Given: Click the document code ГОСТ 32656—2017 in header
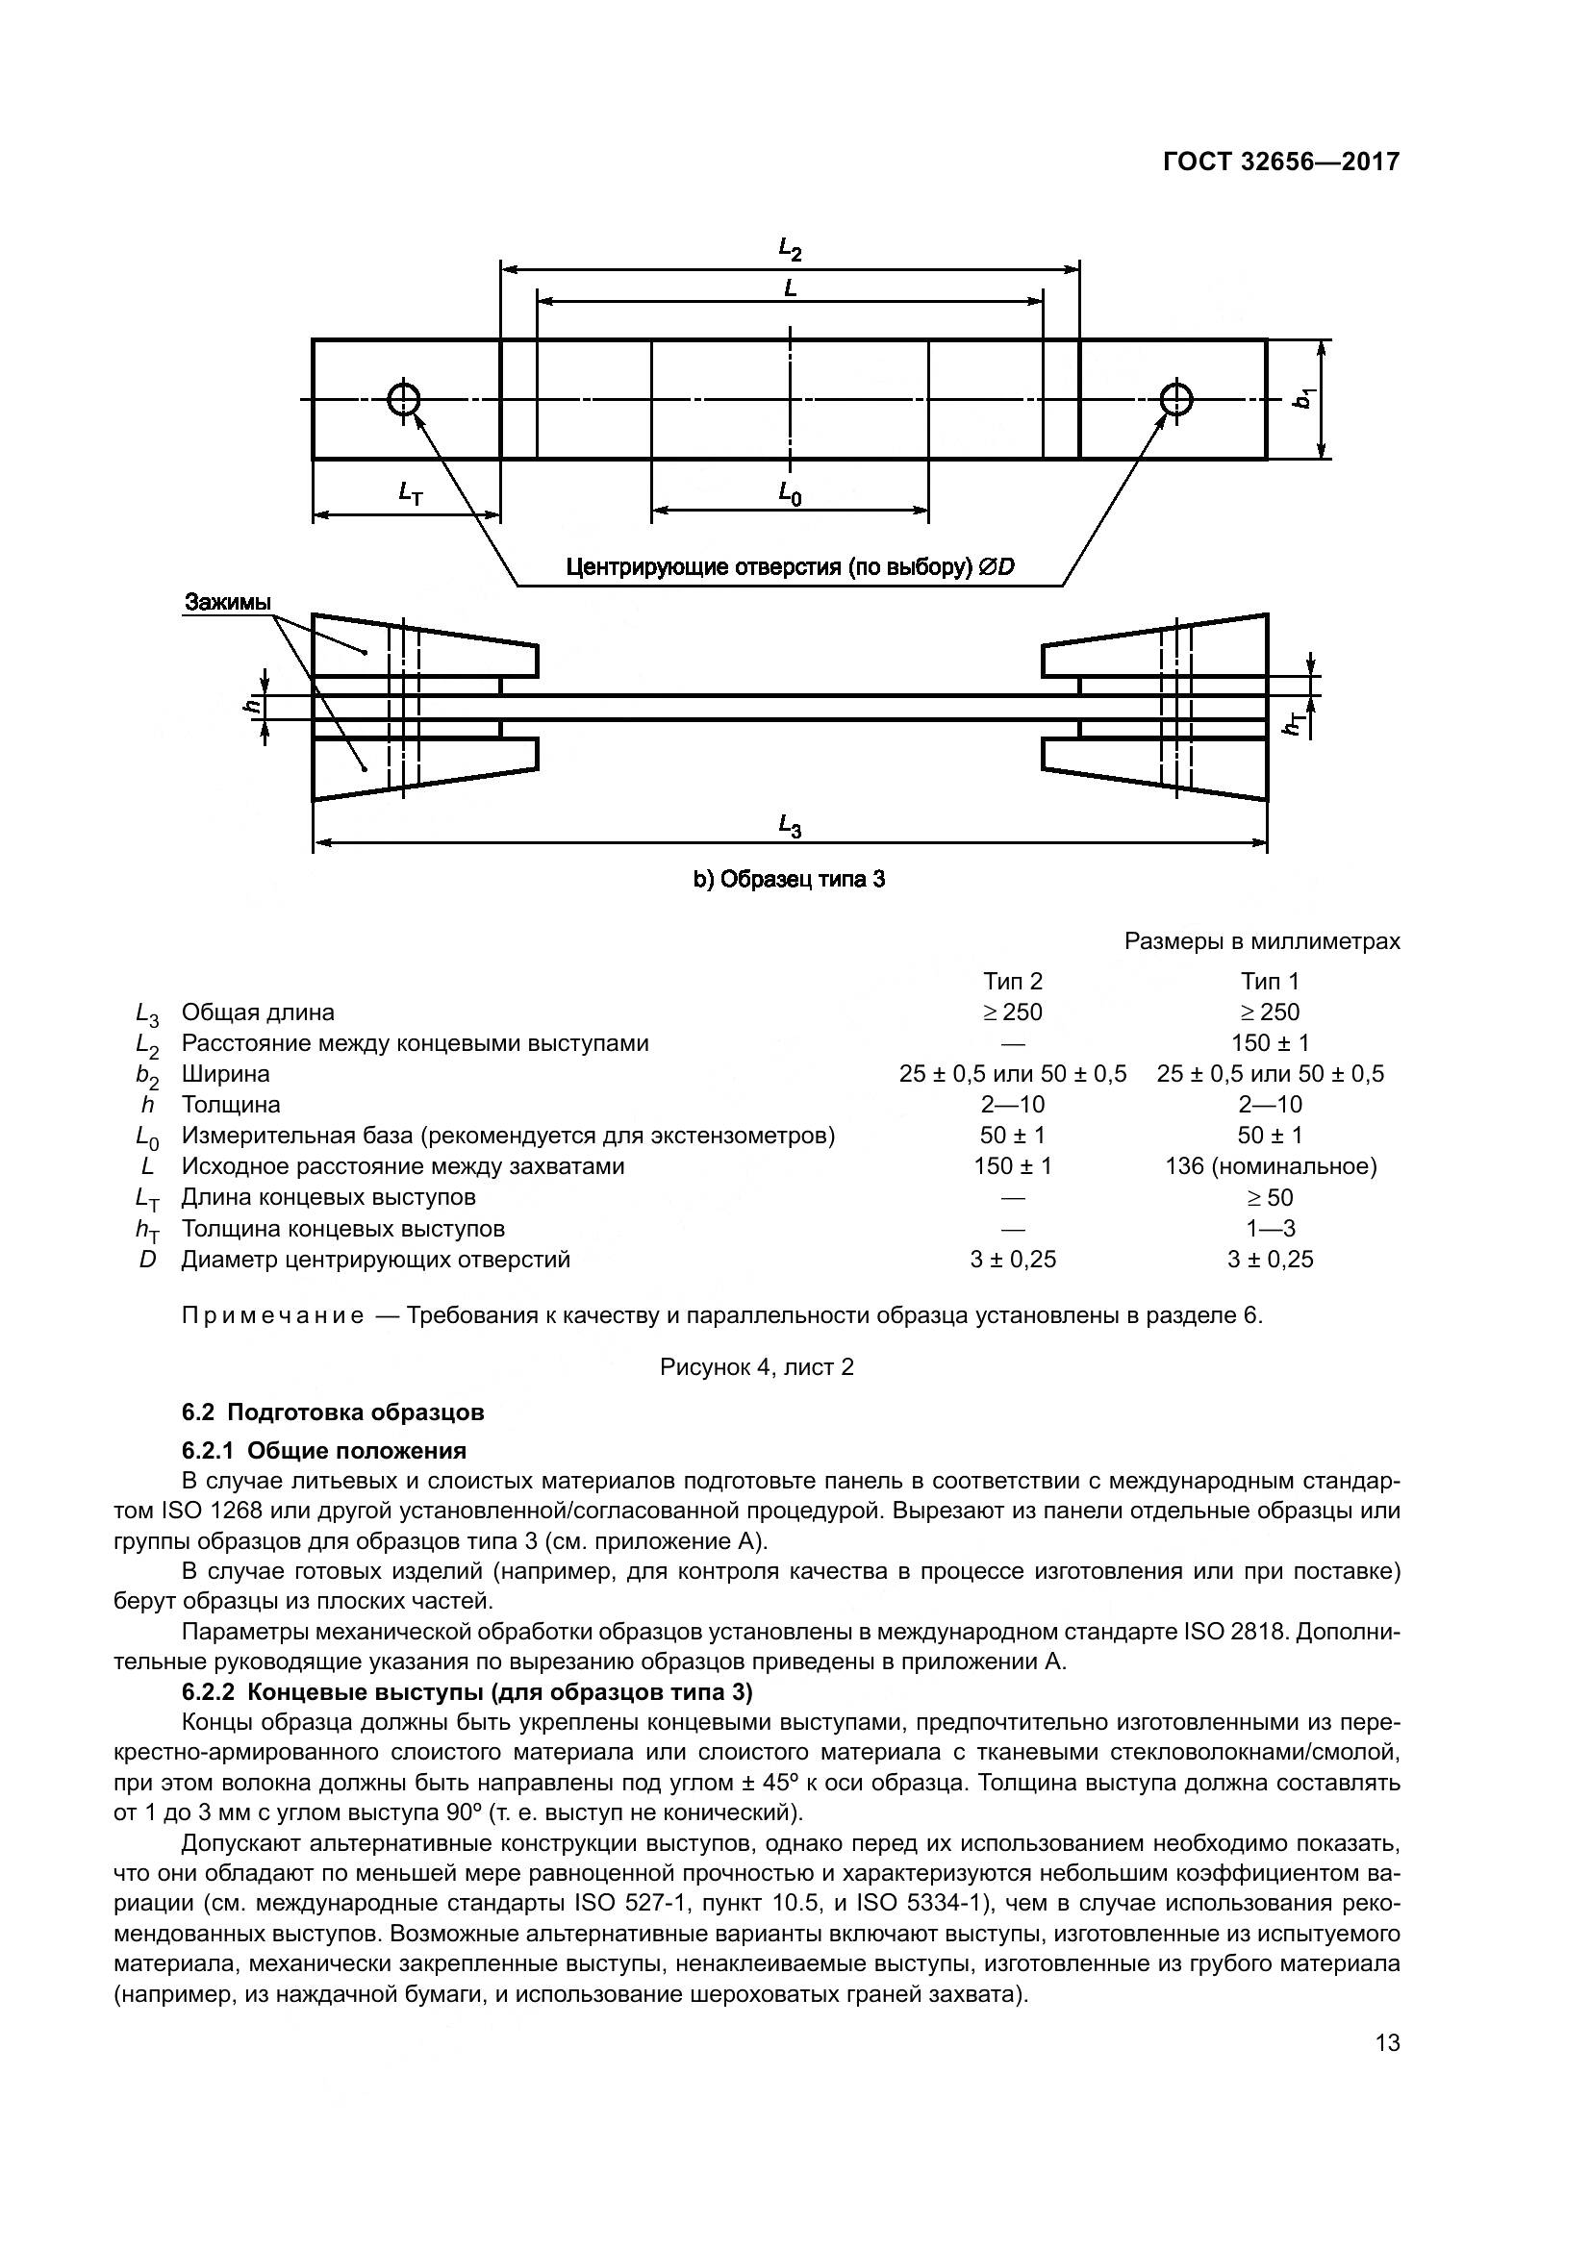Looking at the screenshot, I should point(1281,162).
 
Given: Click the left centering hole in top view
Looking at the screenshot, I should point(404,399).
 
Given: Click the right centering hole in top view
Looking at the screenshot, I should point(1175,399).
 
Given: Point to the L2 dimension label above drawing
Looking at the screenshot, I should point(790,250).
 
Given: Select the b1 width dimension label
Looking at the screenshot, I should point(1303,399).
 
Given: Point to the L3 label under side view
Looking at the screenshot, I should point(790,826).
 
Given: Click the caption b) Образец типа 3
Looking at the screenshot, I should point(790,879).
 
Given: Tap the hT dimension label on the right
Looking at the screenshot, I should point(1295,724).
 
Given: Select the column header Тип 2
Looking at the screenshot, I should point(1013,981).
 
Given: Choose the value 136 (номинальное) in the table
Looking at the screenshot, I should point(1270,1165).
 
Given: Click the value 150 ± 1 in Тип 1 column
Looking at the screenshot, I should point(1270,1042).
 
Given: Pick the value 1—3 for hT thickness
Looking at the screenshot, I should point(1270,1227).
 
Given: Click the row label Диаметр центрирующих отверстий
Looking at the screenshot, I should point(375,1259).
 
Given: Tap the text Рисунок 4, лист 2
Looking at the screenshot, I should point(756,1365).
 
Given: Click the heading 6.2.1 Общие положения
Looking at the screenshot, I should point(324,1450).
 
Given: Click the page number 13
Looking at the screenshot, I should point(1387,2042).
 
